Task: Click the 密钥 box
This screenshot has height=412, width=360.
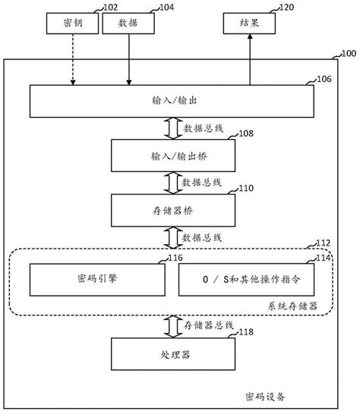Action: pyautogui.click(x=73, y=24)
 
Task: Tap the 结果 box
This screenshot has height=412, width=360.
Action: pyautogui.click(x=249, y=24)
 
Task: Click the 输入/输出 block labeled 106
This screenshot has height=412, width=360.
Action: pyautogui.click(x=171, y=101)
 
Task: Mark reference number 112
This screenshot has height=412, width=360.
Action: pyautogui.click(x=324, y=244)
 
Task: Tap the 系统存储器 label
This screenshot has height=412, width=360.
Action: pyautogui.click(x=292, y=306)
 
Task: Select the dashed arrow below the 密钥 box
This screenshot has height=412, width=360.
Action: pyautogui.click(x=73, y=60)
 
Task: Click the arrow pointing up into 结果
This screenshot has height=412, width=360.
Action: pyautogui.click(x=249, y=60)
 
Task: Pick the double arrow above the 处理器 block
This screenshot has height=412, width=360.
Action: pyautogui.click(x=172, y=325)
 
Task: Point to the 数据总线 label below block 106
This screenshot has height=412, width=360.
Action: pyautogui.click(x=201, y=128)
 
